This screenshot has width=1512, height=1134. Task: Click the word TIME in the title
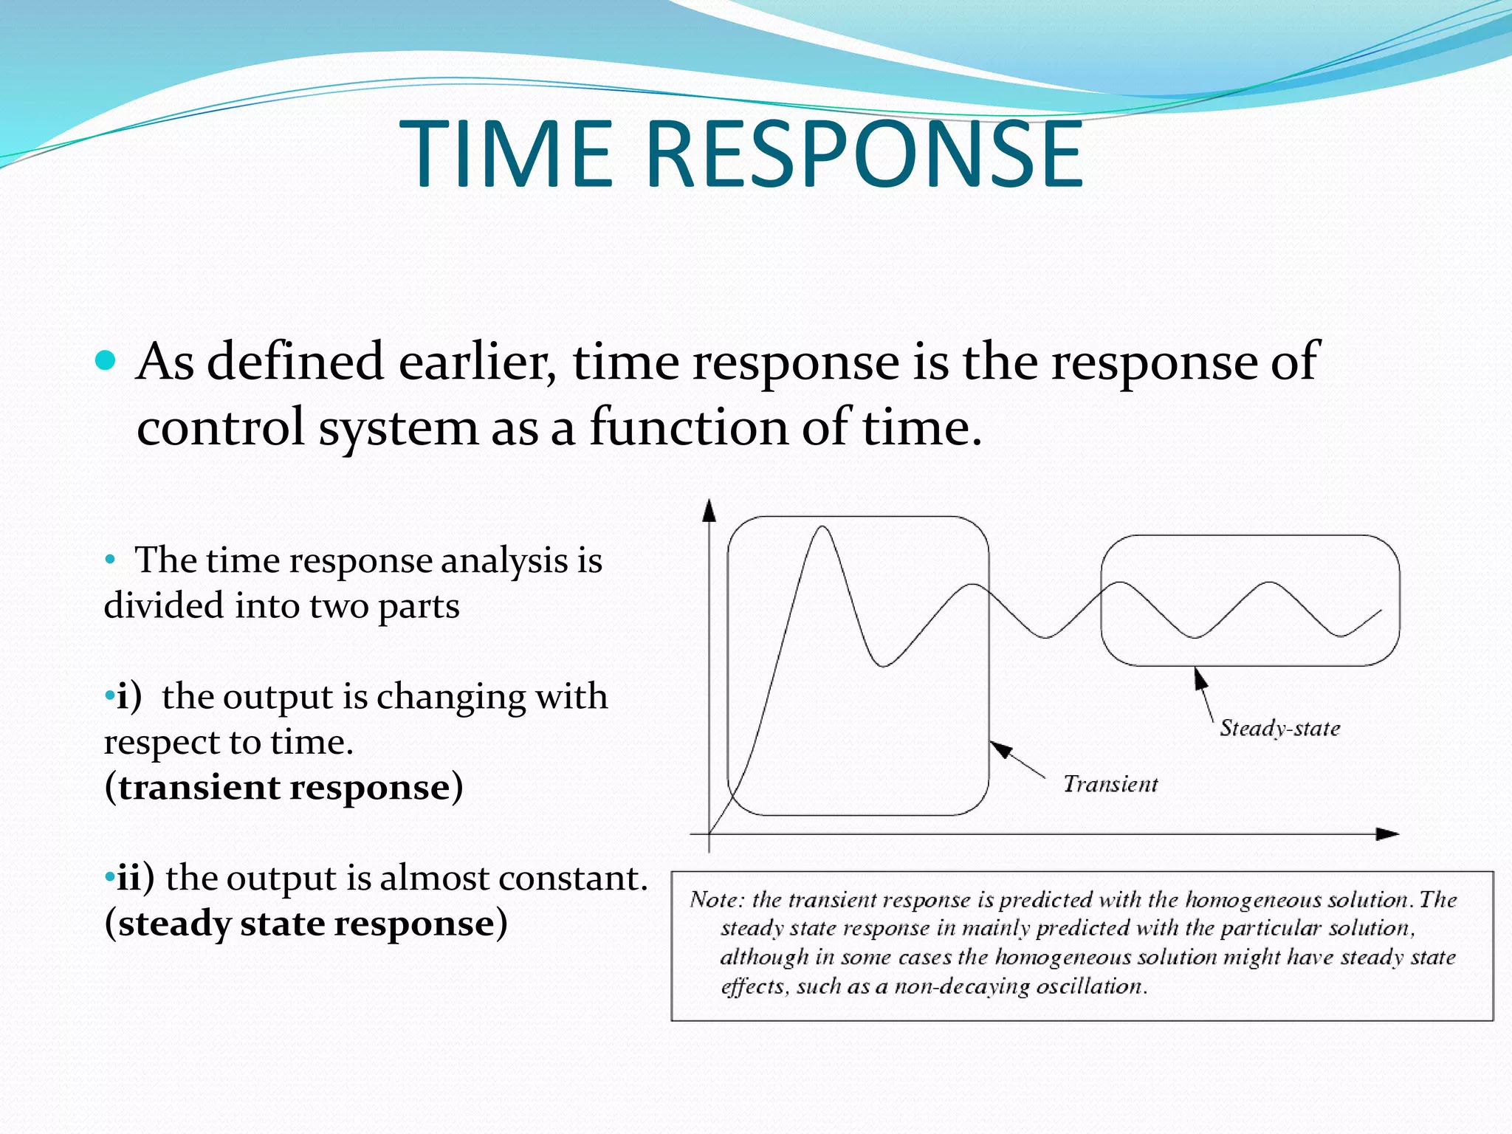506,155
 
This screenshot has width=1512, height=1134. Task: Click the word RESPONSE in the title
864,155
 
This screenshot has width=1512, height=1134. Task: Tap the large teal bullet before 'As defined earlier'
106,361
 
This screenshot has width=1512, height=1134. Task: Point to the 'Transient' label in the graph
1110,784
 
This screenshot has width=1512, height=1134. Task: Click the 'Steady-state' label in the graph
1279,729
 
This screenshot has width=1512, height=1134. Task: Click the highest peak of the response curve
822,528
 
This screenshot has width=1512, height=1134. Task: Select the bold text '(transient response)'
283,788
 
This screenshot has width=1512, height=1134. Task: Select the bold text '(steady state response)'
306,924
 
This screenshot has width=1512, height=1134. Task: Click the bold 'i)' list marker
128,697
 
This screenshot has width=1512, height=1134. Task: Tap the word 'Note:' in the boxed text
717,900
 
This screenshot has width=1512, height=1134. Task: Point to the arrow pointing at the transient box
1017,760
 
